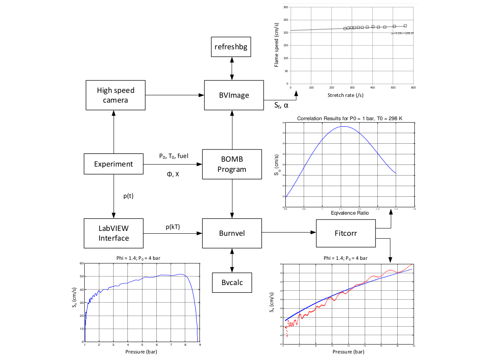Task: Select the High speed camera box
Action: click(x=116, y=95)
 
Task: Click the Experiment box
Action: click(x=114, y=164)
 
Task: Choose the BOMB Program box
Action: click(x=232, y=164)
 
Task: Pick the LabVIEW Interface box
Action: click(x=114, y=233)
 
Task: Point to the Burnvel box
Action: click(x=232, y=233)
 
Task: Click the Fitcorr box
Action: click(x=346, y=233)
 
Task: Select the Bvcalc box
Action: click(x=232, y=282)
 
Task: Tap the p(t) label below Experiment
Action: click(x=129, y=196)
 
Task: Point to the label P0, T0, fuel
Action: click(x=173, y=156)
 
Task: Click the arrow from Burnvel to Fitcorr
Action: click(x=289, y=233)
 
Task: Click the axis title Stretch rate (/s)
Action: click(x=345, y=95)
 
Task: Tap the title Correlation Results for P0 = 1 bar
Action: click(x=350, y=119)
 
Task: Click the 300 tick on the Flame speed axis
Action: click(x=286, y=7)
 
